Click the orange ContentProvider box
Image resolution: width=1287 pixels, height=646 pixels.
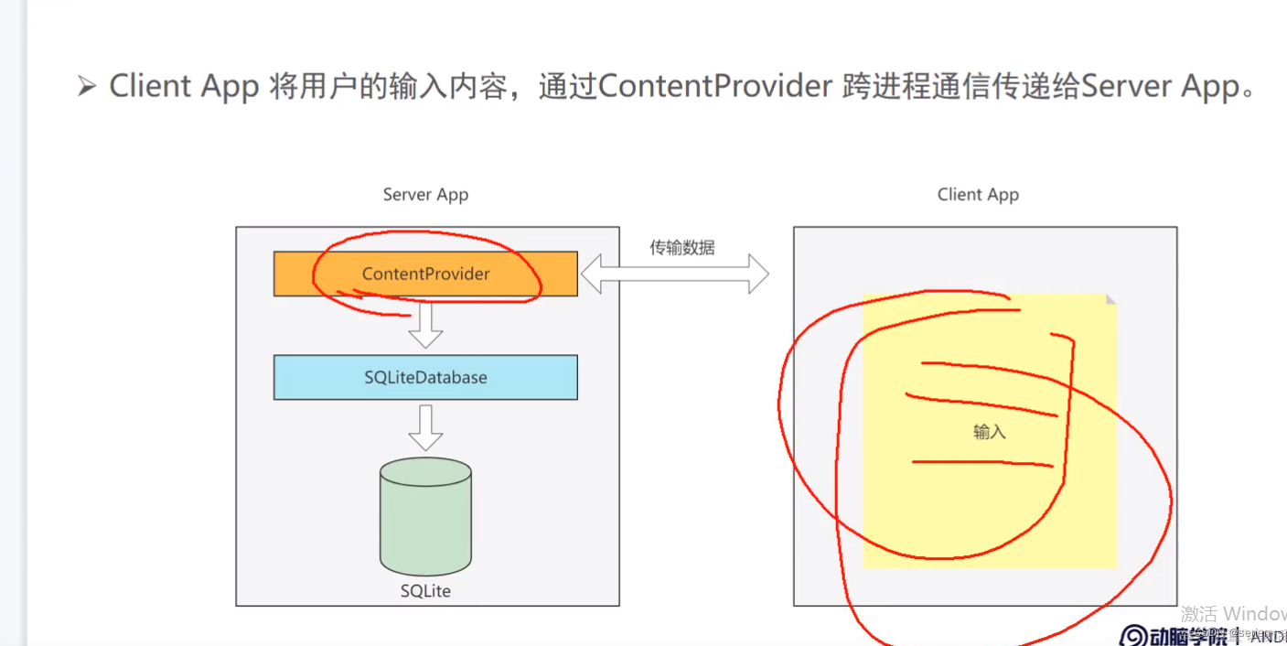coord(425,274)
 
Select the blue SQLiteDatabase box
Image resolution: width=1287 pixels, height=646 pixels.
coord(425,377)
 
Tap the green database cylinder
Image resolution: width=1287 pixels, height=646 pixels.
coord(425,517)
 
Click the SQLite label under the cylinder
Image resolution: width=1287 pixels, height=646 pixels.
coord(425,591)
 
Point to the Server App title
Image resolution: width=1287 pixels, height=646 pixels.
coord(425,195)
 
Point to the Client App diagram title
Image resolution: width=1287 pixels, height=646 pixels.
coord(978,195)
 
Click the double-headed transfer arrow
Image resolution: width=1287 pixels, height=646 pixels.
coord(675,274)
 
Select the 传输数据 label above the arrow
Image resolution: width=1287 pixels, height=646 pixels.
coord(682,247)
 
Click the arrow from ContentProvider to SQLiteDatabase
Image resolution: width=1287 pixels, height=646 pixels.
coord(425,325)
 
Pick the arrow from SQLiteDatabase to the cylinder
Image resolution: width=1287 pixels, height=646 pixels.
coord(425,427)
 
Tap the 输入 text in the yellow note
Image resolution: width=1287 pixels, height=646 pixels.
coord(990,432)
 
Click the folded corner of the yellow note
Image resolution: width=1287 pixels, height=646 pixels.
coord(1110,299)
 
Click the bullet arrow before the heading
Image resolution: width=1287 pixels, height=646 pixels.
coord(87,87)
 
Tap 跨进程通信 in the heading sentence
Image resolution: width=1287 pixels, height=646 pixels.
coord(924,86)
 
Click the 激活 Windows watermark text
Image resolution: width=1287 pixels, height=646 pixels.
coord(1233,613)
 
